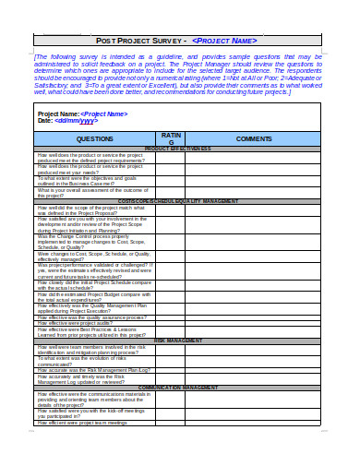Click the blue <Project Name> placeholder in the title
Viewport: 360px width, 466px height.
224,42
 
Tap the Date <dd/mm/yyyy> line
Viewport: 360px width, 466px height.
66,121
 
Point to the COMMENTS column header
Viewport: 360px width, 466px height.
254,137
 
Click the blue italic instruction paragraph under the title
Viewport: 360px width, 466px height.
179,75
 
